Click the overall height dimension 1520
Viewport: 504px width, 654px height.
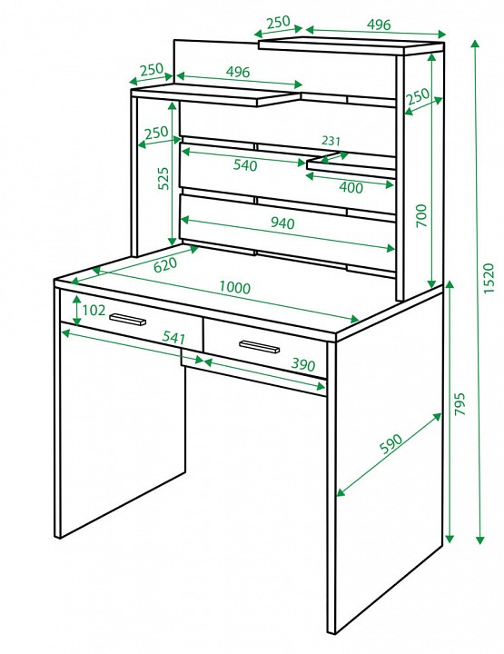pyautogui.click(x=489, y=278)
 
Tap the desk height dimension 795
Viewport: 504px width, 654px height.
pyautogui.click(x=460, y=403)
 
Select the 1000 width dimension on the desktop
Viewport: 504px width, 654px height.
pyautogui.click(x=234, y=287)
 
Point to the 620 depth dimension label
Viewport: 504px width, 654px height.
pyautogui.click(x=165, y=265)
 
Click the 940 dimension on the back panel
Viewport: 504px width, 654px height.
pyautogui.click(x=282, y=223)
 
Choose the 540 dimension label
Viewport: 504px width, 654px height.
pyautogui.click(x=245, y=165)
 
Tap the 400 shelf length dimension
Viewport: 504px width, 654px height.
pyautogui.click(x=351, y=188)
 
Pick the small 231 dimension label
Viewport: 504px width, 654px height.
pyautogui.click(x=331, y=141)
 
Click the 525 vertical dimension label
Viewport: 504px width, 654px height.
pyautogui.click(x=163, y=179)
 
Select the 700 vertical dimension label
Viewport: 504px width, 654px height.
pyautogui.click(x=422, y=215)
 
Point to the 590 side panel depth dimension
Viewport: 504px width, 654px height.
pyautogui.click(x=391, y=444)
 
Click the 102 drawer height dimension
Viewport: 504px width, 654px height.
pyautogui.click(x=94, y=311)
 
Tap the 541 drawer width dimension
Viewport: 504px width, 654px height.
pyautogui.click(x=174, y=337)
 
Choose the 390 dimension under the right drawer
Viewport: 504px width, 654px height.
pyautogui.click(x=303, y=364)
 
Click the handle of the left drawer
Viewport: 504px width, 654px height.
pyautogui.click(x=127, y=320)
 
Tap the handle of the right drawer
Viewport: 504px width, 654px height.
pyautogui.click(x=259, y=346)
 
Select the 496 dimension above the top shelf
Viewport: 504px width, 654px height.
pyautogui.click(x=379, y=25)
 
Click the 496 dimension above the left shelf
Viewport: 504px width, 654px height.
pyautogui.click(x=238, y=72)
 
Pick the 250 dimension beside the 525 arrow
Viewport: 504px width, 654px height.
pyautogui.click(x=156, y=133)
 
